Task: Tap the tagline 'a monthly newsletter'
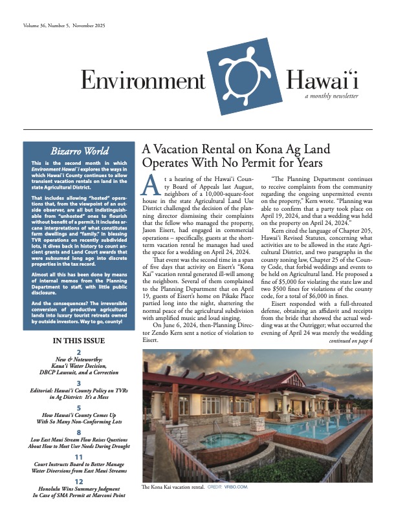pos(332,96)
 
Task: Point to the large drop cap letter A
pos(149,186)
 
